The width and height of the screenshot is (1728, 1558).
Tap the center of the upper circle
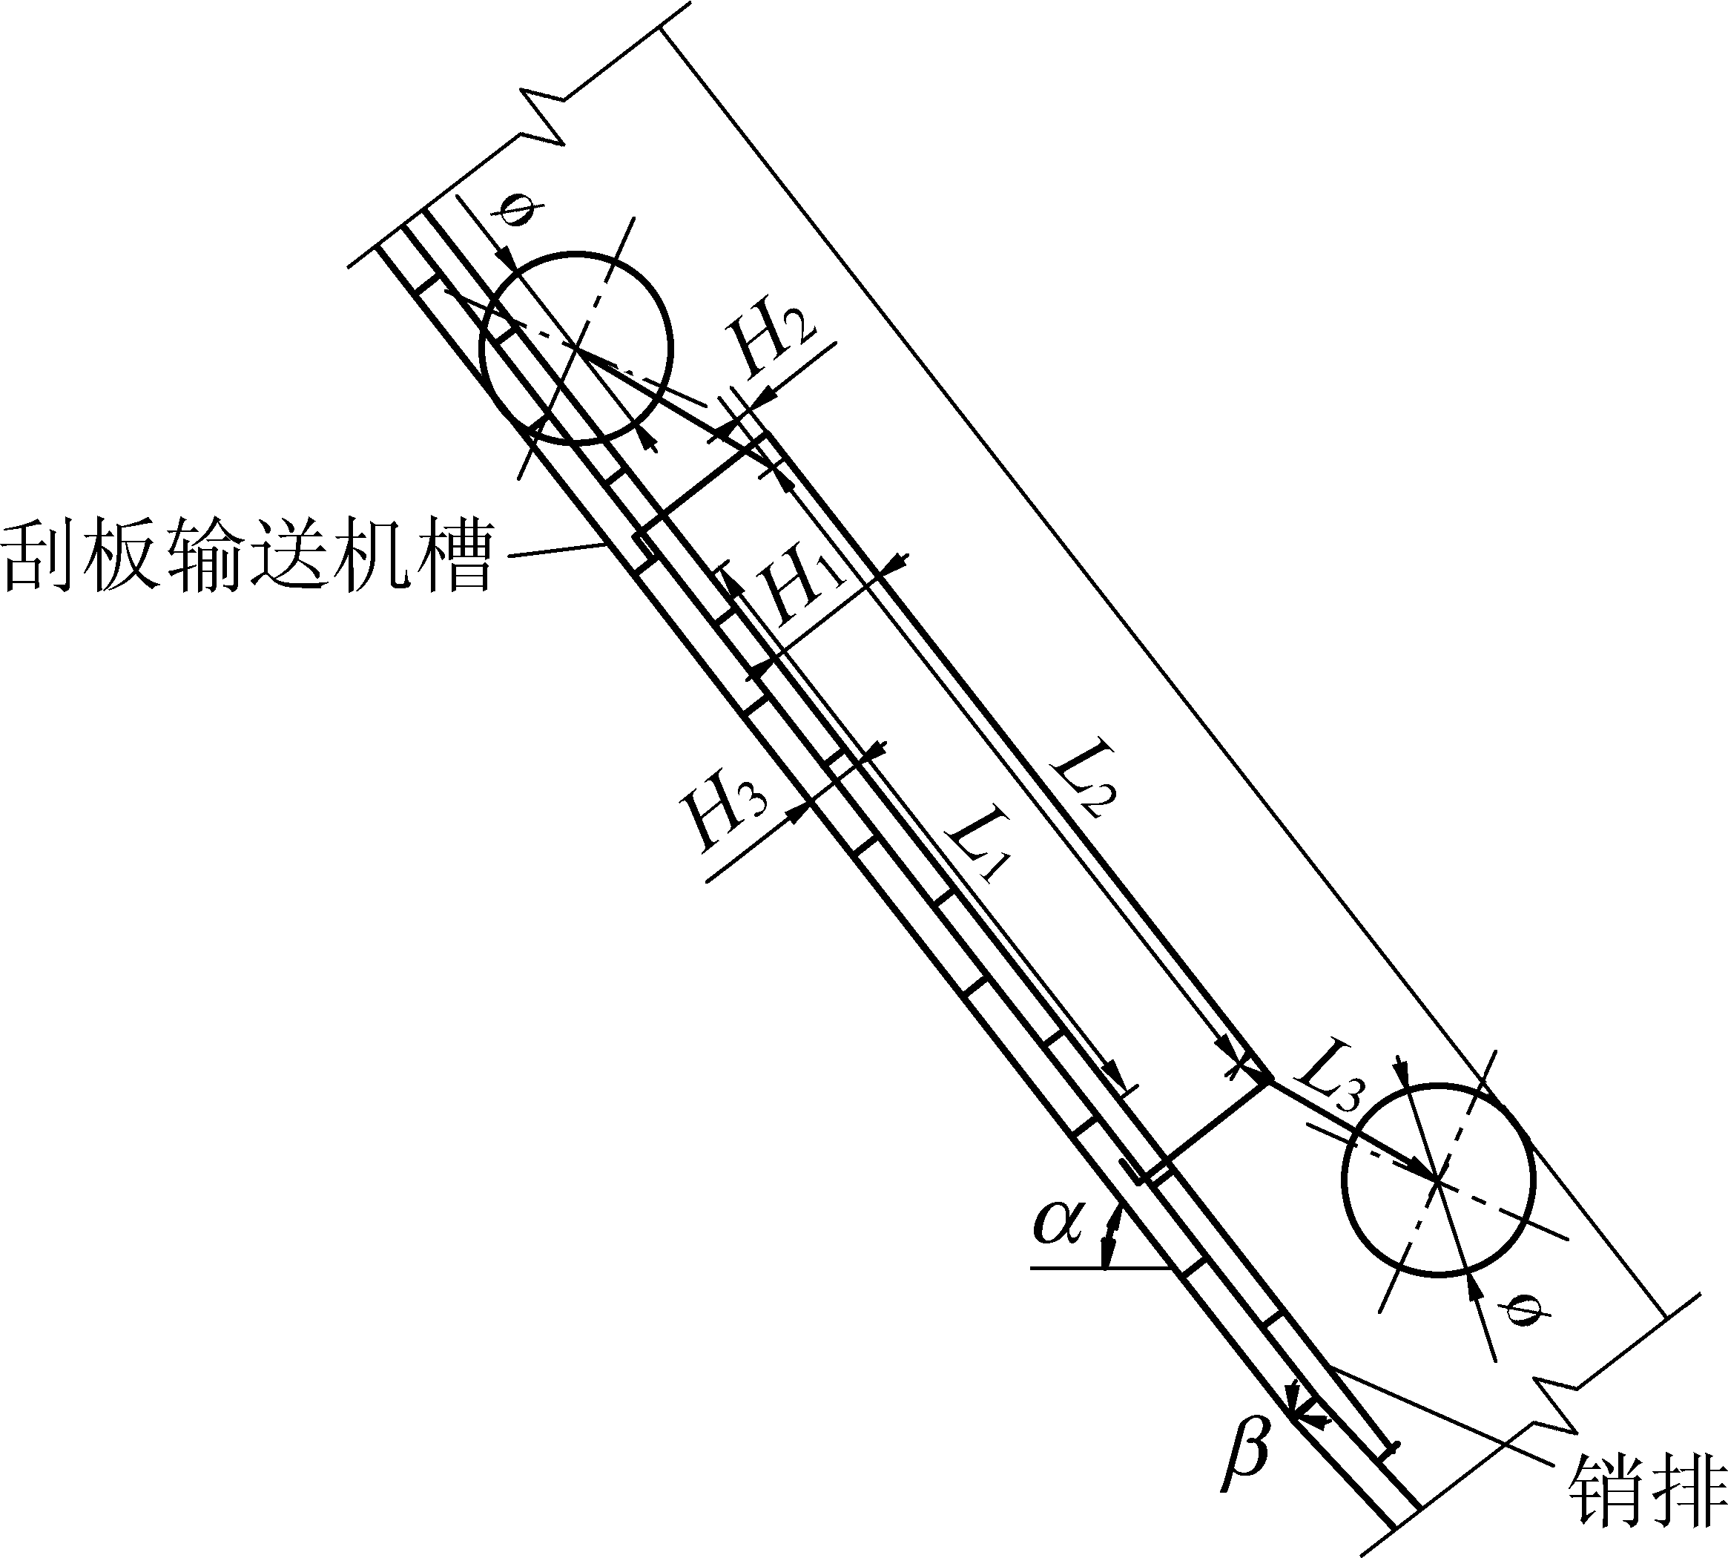pyautogui.click(x=577, y=347)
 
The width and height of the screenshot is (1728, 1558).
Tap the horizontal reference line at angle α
pyautogui.click(x=1101, y=1267)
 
